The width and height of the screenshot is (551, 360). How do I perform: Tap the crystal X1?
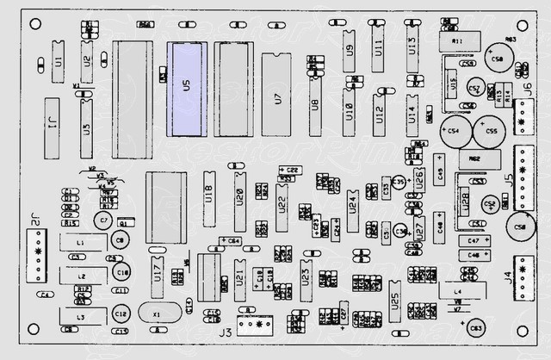coord(157,315)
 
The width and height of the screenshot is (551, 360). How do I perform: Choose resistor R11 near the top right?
coord(455,40)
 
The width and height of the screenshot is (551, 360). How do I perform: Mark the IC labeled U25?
coord(394,301)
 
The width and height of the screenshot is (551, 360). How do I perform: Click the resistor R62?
coord(475,160)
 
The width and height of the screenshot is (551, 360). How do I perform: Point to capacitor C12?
coord(121,313)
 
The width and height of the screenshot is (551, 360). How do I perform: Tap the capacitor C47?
coord(474,240)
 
